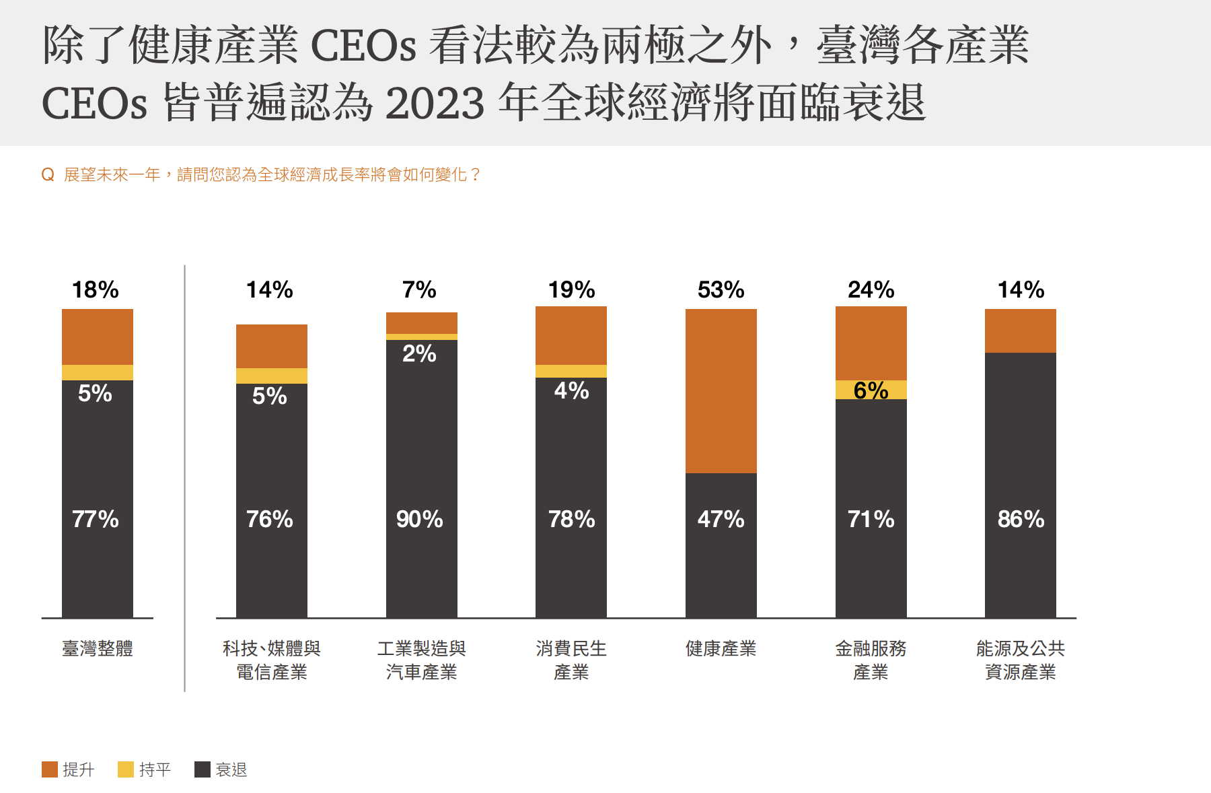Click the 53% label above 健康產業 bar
pos(721,290)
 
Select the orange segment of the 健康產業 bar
pos(721,390)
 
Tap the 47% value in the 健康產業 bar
pos(721,519)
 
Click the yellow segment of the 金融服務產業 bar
pos(871,390)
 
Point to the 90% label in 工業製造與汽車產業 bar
pos(419,519)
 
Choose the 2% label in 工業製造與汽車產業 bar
pos(419,353)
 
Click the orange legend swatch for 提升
pos(50,769)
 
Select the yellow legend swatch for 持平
pos(126,769)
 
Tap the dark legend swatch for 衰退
pos(203,769)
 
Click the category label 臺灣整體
pos(98,648)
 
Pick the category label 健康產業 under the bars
pos(721,648)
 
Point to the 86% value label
pos(1021,519)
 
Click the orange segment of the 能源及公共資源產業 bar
pos(1021,331)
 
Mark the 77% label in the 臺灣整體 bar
pos(96,519)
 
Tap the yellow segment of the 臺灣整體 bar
pos(98,372)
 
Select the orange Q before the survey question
pos(48,175)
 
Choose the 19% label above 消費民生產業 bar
pos(571,290)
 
